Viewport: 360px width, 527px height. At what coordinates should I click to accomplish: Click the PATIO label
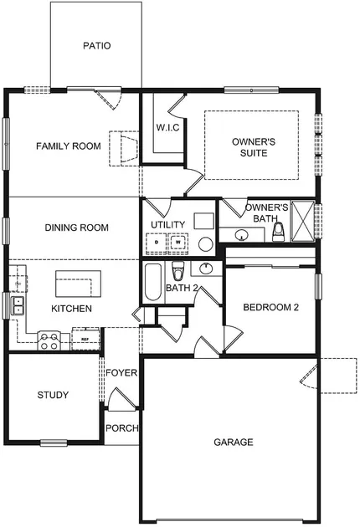tap(97, 45)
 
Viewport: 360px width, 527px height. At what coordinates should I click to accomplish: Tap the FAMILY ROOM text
tap(69, 146)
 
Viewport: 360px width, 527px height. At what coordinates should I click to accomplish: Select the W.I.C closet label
tap(167, 128)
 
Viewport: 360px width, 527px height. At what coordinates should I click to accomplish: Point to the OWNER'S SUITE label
tap(254, 147)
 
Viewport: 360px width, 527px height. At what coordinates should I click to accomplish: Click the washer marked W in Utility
tap(178, 242)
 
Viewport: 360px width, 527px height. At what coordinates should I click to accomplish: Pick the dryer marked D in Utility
tap(156, 242)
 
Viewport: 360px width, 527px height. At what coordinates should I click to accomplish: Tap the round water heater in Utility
tap(206, 244)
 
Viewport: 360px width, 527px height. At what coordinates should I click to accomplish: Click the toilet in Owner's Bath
tap(278, 232)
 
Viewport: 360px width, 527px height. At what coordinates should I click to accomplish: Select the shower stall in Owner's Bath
tap(302, 221)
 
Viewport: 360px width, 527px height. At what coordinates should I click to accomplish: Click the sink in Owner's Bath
tap(242, 235)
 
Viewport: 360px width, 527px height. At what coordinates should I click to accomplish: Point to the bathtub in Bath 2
tap(153, 282)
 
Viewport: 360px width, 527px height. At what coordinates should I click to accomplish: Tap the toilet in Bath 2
tap(178, 271)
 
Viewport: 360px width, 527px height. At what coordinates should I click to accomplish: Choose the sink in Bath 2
tap(205, 269)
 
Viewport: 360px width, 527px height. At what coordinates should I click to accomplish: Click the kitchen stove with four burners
tap(49, 340)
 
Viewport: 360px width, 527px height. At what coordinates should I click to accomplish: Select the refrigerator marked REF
tap(85, 339)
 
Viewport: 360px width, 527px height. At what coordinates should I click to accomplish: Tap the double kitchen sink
tap(18, 305)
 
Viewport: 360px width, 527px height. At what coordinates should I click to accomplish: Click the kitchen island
tap(79, 284)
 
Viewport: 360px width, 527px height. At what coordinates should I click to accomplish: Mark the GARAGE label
tap(234, 442)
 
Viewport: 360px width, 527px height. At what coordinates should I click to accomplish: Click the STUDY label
tap(53, 395)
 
